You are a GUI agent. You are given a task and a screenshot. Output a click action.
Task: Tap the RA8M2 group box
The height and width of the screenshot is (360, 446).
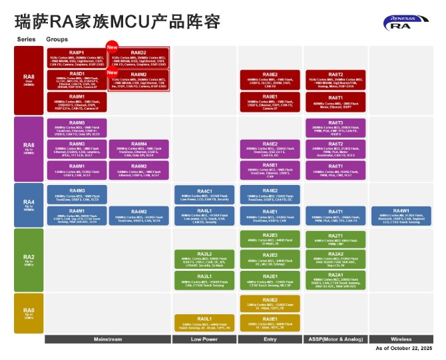coord(138,80)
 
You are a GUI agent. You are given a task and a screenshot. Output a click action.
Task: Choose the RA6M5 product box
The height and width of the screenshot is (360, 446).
coord(77,128)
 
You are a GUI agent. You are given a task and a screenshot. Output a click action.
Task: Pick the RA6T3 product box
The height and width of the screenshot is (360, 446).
coord(336,128)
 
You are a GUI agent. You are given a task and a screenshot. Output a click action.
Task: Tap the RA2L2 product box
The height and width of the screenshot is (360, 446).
coord(204,259)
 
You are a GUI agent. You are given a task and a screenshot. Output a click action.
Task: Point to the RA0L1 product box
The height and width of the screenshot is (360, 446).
coord(204,323)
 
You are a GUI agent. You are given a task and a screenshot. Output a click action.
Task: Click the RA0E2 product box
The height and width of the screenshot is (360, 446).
coord(269,303)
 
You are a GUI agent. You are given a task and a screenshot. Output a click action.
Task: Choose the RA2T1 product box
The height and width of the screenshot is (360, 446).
coord(336,239)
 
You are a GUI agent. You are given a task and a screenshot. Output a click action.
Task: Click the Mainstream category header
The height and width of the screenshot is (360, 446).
coord(107,339)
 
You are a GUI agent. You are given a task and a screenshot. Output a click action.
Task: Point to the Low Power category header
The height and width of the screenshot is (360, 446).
coord(204,339)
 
